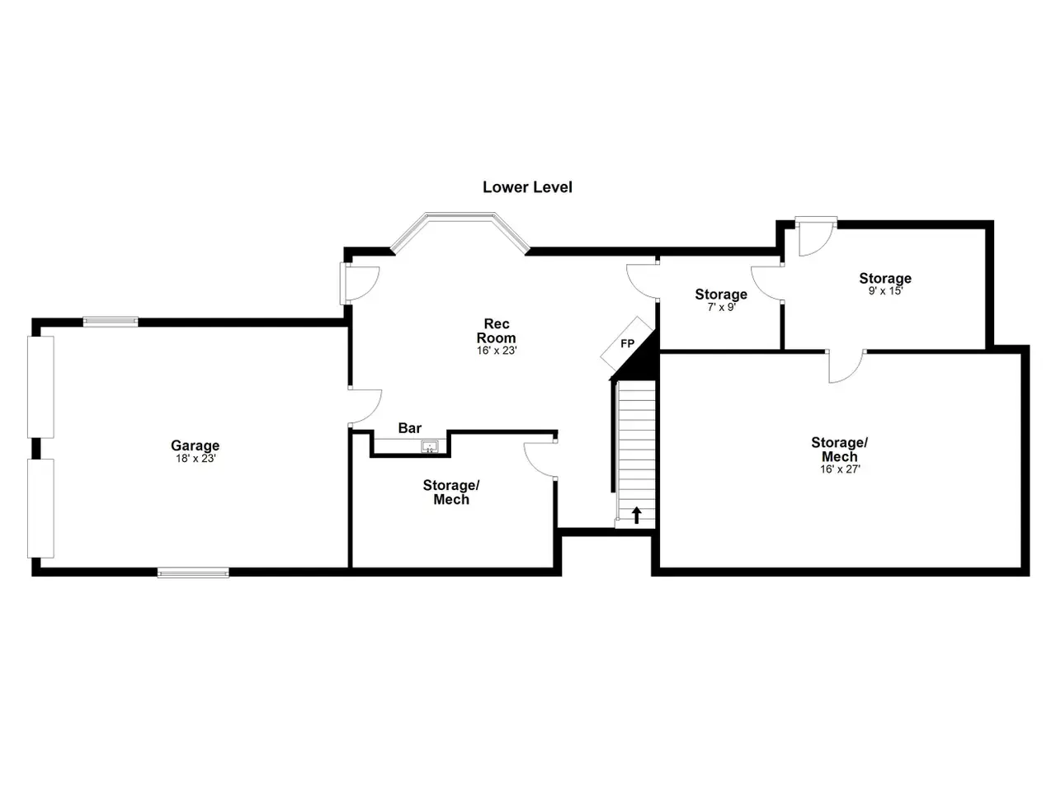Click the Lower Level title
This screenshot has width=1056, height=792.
[x=527, y=187]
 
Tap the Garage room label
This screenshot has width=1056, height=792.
[x=195, y=445]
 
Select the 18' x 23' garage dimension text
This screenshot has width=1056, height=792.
[x=196, y=459]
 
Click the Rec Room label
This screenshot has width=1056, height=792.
[x=496, y=331]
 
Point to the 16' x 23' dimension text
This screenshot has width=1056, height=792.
[x=497, y=351]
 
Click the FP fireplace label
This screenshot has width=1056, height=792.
[x=627, y=343]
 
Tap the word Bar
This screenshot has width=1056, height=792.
[x=410, y=428]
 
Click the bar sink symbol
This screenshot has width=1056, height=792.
[x=430, y=446]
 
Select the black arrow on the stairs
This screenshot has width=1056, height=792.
[x=636, y=515]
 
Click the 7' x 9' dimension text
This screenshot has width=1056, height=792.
[x=721, y=307]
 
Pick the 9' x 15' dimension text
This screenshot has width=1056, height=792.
[x=885, y=291]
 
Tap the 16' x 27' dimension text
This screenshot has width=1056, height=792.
[x=840, y=469]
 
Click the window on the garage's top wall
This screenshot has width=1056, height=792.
[x=111, y=322]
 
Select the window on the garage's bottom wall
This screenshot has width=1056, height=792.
[x=193, y=573]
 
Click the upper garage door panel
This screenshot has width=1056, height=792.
[x=40, y=387]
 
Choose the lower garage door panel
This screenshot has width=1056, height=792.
[x=40, y=508]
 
